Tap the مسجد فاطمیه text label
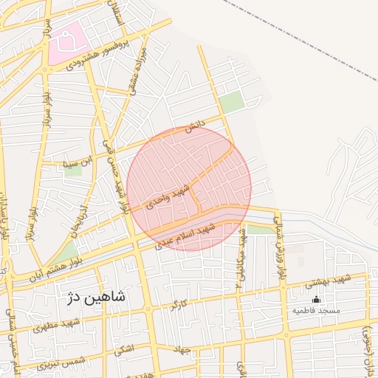click(316, 311)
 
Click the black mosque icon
click(317, 299)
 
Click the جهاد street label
click(182, 348)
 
